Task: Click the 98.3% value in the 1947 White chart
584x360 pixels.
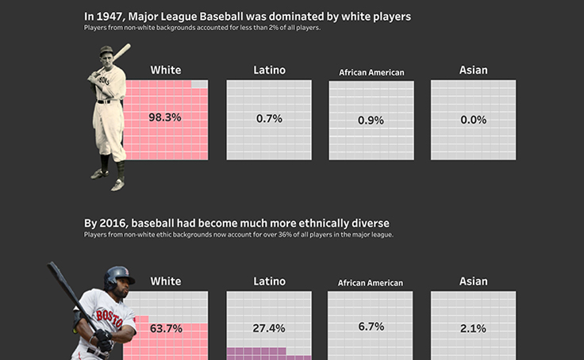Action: (165, 117)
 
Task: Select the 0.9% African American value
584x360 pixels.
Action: (371, 121)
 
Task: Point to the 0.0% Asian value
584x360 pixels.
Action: (473, 119)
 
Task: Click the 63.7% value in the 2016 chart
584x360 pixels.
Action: (166, 328)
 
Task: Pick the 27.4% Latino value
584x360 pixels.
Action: (268, 328)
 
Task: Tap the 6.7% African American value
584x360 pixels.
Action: (371, 326)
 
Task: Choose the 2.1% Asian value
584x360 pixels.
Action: (473, 328)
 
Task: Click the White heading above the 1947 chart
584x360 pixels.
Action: (165, 70)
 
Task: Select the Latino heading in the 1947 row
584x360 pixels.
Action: (269, 70)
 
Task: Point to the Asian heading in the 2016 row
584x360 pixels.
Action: (474, 281)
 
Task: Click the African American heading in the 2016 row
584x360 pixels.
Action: (371, 282)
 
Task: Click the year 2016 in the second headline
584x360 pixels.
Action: (111, 224)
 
